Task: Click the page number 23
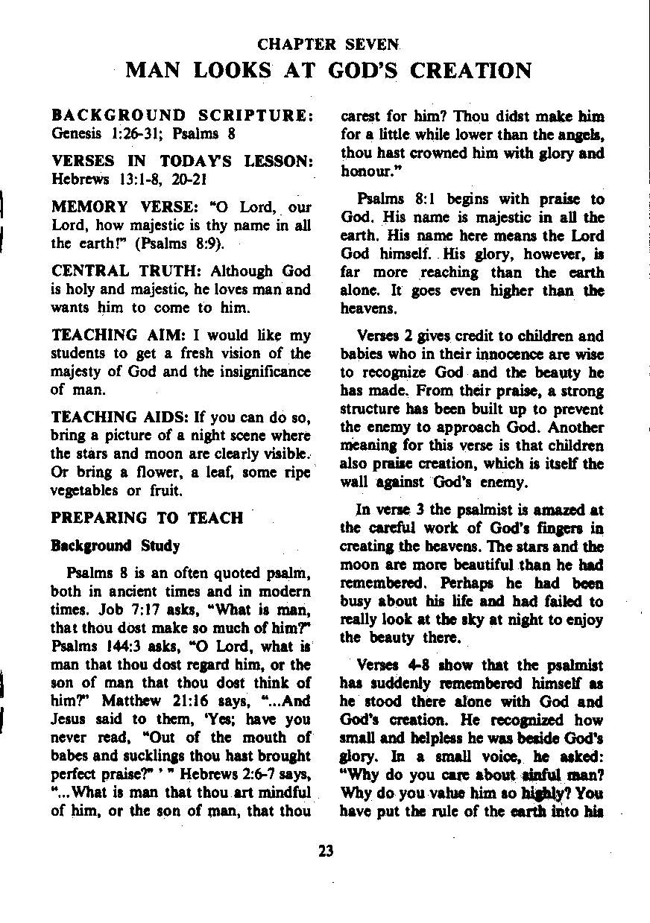325,851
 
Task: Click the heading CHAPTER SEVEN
325,45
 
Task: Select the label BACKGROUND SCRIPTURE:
181,117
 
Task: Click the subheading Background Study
115,546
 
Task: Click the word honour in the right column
366,171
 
